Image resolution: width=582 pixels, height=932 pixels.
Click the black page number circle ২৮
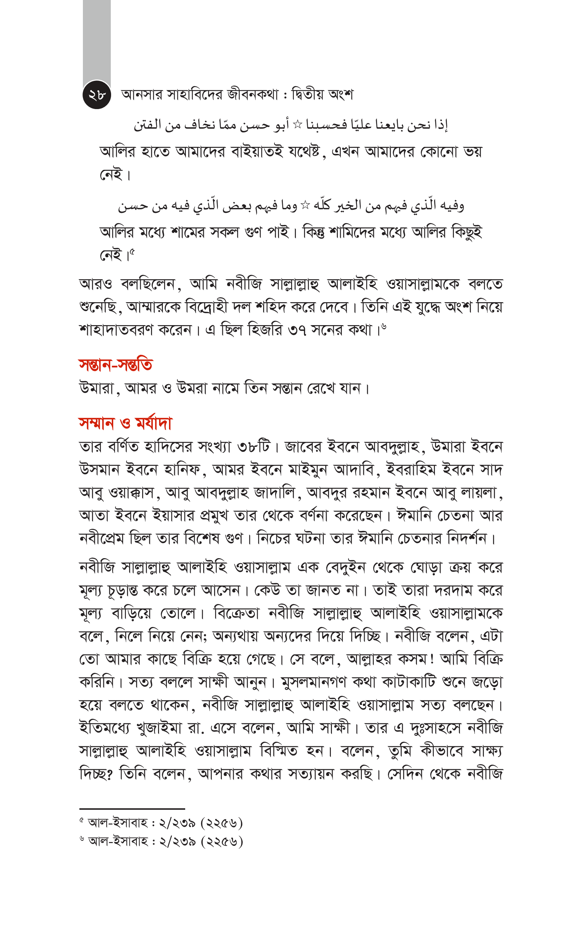(x=97, y=95)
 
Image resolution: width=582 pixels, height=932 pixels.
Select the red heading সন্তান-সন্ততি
(x=116, y=365)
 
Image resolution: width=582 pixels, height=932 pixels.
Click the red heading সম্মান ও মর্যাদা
(x=125, y=423)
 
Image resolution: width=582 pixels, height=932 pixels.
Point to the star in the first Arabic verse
(x=297, y=124)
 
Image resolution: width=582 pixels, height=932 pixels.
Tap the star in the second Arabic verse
(x=305, y=205)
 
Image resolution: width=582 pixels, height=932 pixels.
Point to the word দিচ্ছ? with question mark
(x=96, y=774)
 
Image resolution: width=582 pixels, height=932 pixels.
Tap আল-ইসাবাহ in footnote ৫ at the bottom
(x=118, y=823)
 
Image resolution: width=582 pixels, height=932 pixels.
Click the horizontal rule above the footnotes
(x=132, y=809)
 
